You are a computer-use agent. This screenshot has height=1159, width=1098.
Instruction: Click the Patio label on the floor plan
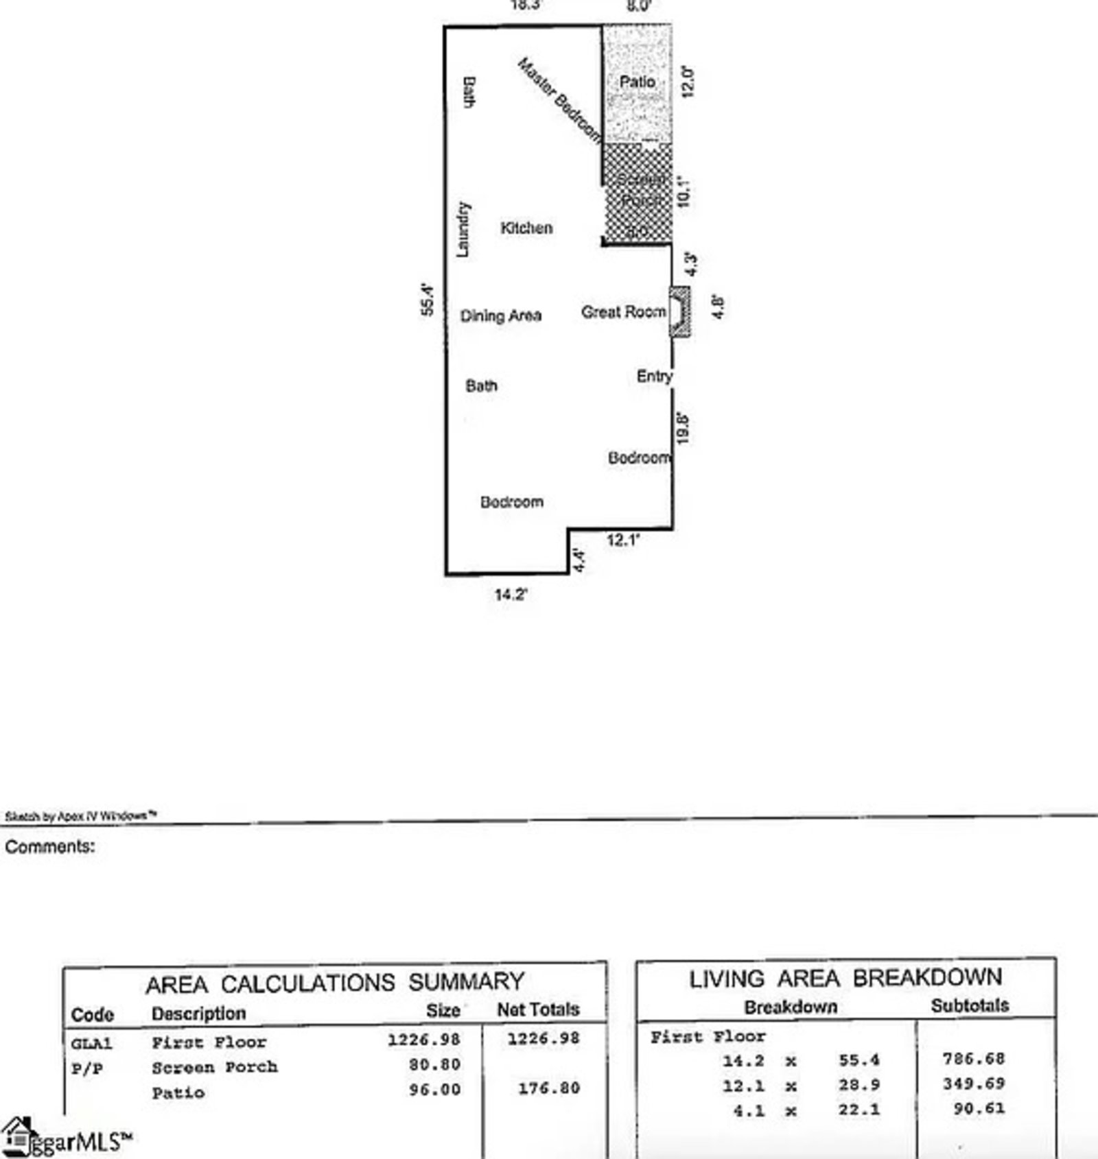coord(637,82)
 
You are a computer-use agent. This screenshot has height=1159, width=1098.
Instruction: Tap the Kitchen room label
coord(526,228)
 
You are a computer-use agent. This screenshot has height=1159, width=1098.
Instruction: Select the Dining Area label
coord(501,315)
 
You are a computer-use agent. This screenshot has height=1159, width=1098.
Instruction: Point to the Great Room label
coord(623,312)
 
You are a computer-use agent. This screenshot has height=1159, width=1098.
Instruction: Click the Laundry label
coord(465,230)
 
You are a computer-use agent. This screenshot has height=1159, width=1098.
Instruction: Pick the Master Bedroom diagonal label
coord(559,100)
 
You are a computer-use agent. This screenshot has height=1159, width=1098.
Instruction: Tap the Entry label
coord(654,376)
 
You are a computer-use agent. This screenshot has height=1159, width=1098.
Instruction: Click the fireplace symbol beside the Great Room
coord(680,312)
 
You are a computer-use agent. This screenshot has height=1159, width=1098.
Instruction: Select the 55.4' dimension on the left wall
coord(428,300)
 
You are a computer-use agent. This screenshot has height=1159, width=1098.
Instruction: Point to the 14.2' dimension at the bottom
coord(511,595)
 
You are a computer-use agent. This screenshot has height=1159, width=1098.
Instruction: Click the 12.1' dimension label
coord(622,540)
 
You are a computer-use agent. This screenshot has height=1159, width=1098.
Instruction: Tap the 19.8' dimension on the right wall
coord(683,428)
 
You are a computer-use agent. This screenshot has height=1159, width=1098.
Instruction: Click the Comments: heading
coord(50,847)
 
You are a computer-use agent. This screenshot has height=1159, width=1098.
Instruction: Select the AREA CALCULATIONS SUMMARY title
coord(335,983)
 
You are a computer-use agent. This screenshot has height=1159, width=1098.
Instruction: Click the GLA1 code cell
coord(91,1043)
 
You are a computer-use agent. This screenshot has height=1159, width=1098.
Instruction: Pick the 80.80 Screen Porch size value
coord(434,1064)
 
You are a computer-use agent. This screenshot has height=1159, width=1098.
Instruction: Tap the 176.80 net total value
coord(549,1088)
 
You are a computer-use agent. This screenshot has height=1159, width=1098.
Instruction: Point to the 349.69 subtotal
coord(973,1084)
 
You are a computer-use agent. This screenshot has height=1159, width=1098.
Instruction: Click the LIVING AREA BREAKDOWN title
coord(845,978)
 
